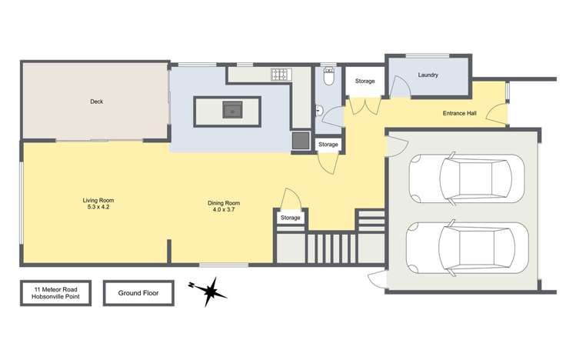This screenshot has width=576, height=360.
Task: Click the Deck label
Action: coord(96,101)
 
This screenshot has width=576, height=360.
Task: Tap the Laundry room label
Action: coord(428,75)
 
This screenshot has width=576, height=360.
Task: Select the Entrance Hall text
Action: coord(460,114)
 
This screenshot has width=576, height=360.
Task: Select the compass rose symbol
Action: coord(208,292)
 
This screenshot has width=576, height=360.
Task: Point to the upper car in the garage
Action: coord(465,178)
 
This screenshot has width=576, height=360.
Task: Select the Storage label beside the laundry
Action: coord(365,82)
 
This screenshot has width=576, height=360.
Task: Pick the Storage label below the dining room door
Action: coord(291,218)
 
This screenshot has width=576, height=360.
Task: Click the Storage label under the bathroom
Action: coord(328,145)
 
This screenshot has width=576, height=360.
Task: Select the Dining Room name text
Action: coord(221,202)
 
